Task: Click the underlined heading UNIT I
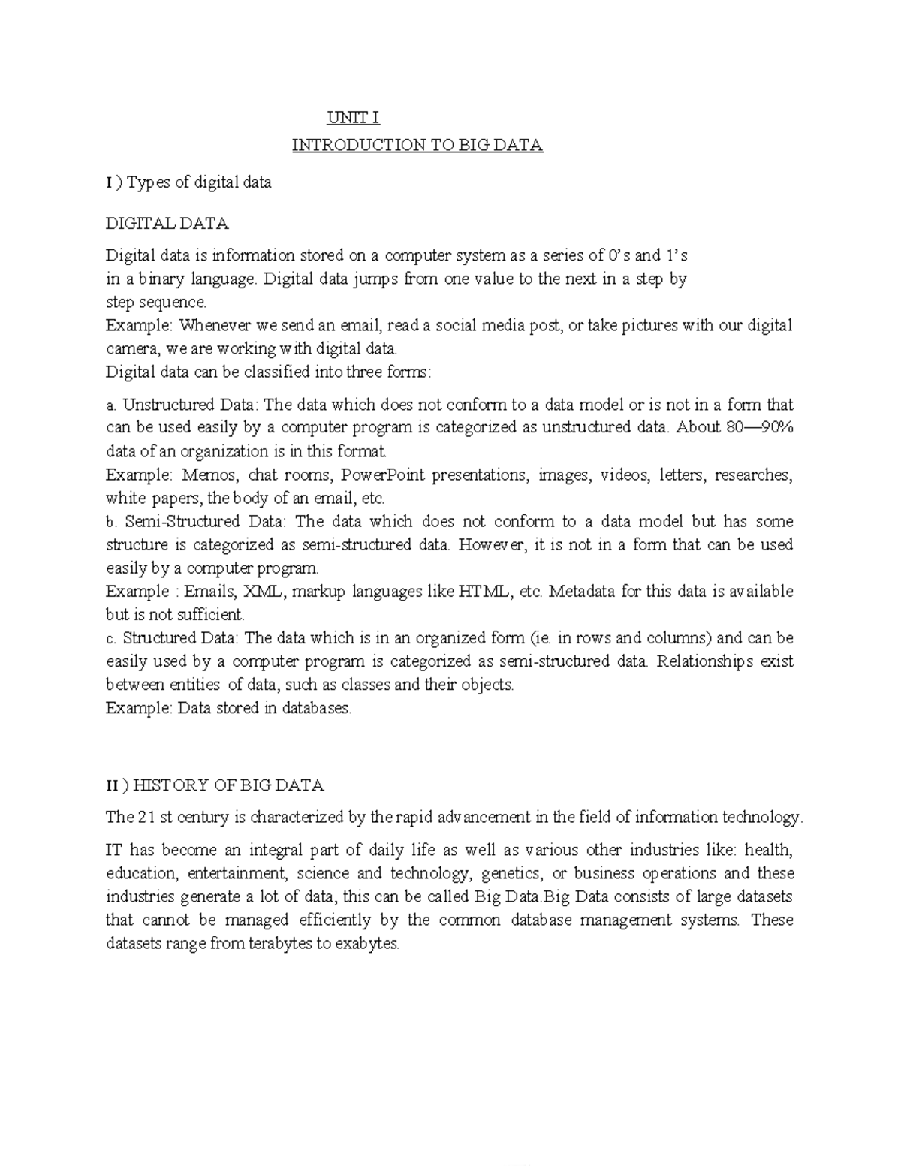[x=353, y=118]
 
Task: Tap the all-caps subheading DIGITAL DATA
[x=167, y=224]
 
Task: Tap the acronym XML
[x=266, y=592]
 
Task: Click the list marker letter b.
[x=110, y=522]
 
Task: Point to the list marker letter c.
[x=110, y=639]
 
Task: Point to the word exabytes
[x=367, y=944]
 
